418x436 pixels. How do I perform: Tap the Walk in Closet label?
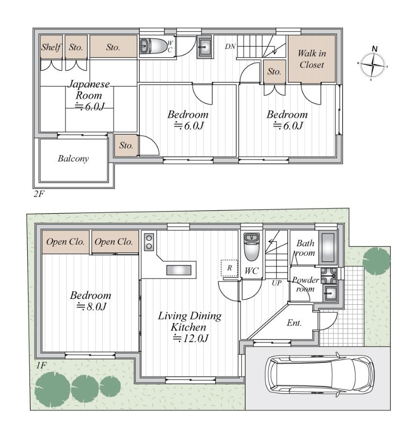[x=312, y=59]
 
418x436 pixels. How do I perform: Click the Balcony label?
[x=73, y=158]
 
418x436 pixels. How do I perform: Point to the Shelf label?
[x=51, y=47]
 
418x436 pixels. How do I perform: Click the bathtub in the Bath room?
[x=328, y=248]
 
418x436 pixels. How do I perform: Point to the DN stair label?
[x=230, y=47]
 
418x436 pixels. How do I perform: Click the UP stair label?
[x=276, y=283]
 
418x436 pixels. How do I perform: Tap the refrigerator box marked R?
[x=229, y=268]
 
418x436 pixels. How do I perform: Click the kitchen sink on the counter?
[x=178, y=270]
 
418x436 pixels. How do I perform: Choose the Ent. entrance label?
[x=294, y=323]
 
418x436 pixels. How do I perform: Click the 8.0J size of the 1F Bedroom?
[x=91, y=307]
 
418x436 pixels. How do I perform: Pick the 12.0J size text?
[x=191, y=339]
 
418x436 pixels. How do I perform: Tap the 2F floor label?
[x=39, y=194]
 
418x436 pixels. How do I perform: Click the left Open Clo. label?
[x=65, y=242]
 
